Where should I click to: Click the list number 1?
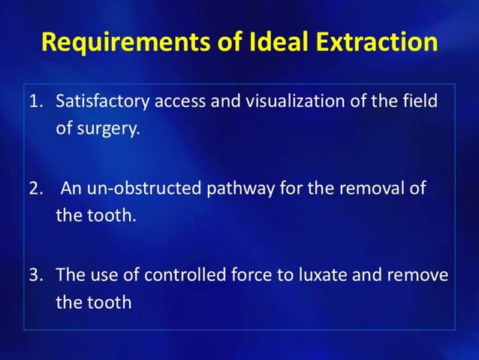(x=35, y=101)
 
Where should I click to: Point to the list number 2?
(x=35, y=188)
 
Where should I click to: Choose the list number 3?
(x=35, y=274)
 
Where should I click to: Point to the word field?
(x=419, y=101)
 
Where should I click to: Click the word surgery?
(x=107, y=129)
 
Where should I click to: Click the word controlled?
(x=184, y=274)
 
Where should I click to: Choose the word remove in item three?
(x=417, y=274)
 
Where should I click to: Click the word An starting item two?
(x=71, y=188)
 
